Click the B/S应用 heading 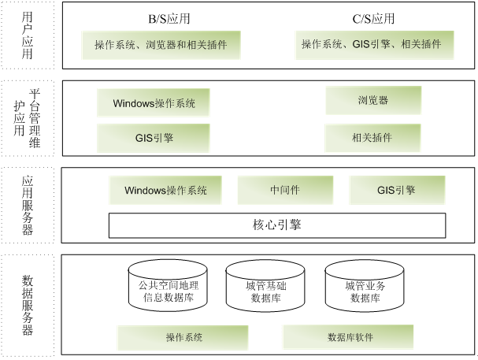[x=169, y=19]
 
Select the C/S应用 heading [x=373, y=19]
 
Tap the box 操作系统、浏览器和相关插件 [x=161, y=45]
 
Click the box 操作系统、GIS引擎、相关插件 [x=376, y=45]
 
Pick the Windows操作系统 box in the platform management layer [x=154, y=102]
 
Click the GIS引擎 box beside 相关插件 [x=154, y=138]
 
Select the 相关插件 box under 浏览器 [x=372, y=138]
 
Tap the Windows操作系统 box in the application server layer [x=165, y=190]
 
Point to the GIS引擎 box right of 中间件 [x=396, y=190]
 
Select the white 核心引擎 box [x=273, y=226]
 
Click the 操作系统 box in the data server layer [x=184, y=337]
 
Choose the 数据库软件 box [x=350, y=337]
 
